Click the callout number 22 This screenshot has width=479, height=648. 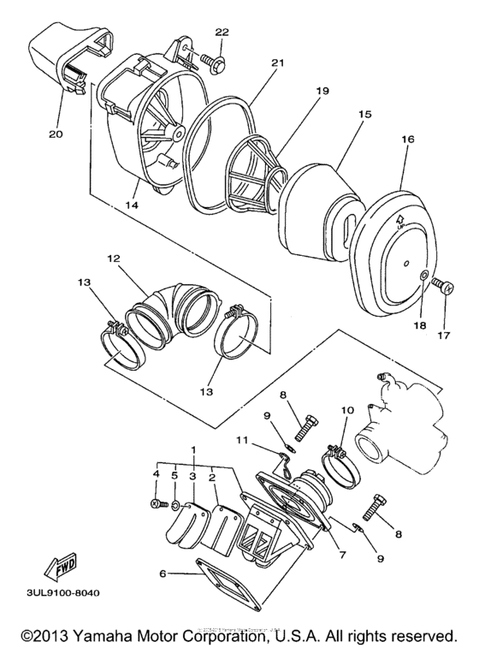(x=222, y=33)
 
